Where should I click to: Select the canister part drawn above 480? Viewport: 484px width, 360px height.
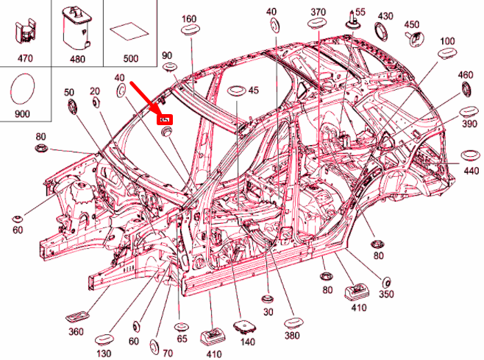coord(75,28)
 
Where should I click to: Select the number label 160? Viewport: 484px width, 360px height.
coord(189,18)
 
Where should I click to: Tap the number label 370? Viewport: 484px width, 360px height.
coord(318,13)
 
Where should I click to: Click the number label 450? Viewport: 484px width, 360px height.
coord(413,24)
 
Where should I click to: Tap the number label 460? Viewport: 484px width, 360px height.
coord(466,75)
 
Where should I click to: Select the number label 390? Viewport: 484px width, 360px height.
coord(470,126)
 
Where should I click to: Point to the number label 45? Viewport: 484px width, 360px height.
coord(254,91)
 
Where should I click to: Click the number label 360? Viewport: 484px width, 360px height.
coord(76,332)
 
